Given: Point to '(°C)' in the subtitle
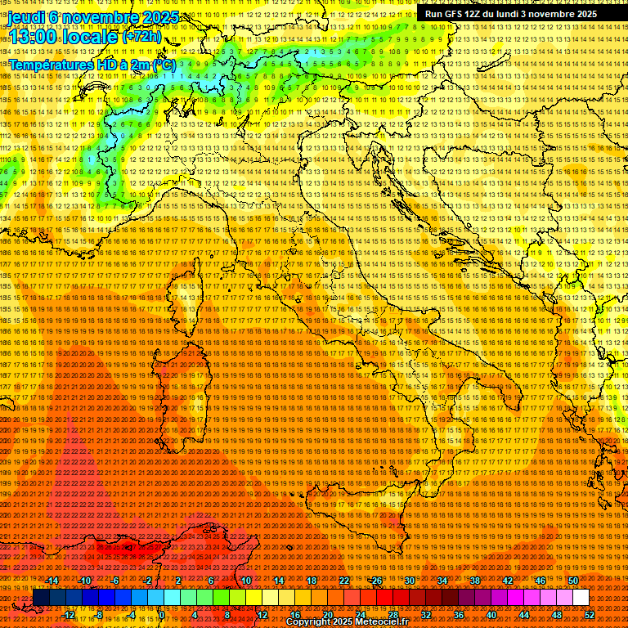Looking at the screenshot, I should pyautogui.click(x=162, y=64).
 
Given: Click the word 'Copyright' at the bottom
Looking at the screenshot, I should pyautogui.click(x=312, y=622).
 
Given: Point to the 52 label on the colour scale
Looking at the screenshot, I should pyautogui.click(x=589, y=615).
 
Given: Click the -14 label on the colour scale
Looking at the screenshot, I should pyautogui.click(x=53, y=581).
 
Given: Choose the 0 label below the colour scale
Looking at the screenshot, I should pyautogui.click(x=162, y=615).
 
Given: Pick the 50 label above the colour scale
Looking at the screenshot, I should pyautogui.click(x=573, y=581).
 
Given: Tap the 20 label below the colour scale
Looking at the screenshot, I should pyautogui.click(x=328, y=615).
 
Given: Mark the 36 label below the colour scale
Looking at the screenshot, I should pyautogui.click(x=459, y=615).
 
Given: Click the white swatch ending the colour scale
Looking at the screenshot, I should pyautogui.click(x=581, y=598).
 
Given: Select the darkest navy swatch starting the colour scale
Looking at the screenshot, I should pyautogui.click(x=40, y=598).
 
